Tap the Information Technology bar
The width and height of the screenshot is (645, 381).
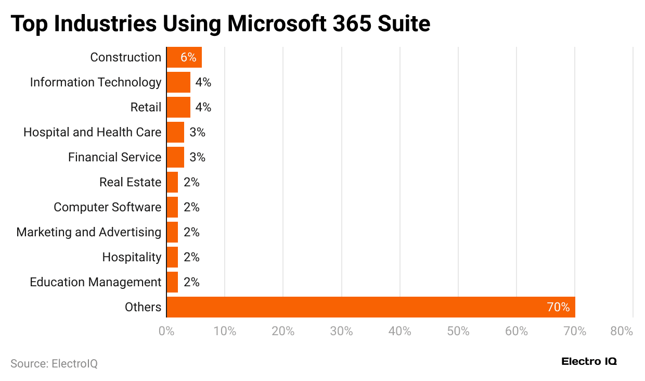178,82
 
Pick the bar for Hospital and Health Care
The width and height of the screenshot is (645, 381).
175,132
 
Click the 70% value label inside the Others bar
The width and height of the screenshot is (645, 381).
558,307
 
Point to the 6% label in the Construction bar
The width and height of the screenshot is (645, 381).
188,57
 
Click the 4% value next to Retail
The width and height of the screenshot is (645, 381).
203,107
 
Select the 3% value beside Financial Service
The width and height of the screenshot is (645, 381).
197,157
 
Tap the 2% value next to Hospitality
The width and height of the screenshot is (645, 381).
191,257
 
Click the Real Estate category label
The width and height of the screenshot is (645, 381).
130,182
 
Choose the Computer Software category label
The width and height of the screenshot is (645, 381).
107,207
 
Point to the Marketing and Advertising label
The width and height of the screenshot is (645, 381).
88,232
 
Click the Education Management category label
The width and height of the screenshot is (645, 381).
95,282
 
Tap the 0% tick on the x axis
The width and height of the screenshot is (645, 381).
166,331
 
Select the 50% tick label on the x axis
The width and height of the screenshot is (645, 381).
458,331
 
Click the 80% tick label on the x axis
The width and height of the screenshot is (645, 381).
622,331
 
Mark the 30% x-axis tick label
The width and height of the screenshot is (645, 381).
342,331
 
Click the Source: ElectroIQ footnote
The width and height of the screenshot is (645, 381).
54,363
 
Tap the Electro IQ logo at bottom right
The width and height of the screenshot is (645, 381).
589,362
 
